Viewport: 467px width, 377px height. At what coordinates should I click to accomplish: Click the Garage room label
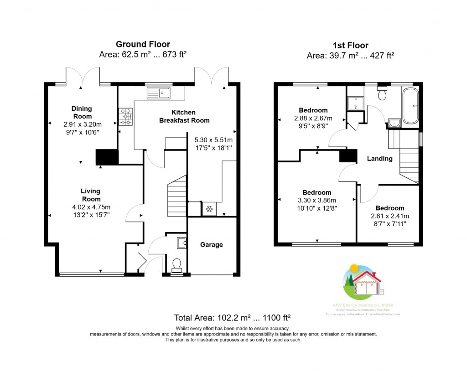coord(212,245)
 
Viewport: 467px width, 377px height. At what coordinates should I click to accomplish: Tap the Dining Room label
coord(82,112)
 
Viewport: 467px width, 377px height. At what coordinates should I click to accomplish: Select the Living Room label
coord(91,195)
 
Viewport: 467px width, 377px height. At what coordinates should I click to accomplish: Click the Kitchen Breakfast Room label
coord(184,116)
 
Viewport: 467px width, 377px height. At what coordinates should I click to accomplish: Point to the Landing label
coord(379,159)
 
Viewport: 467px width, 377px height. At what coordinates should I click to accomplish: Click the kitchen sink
coord(158,94)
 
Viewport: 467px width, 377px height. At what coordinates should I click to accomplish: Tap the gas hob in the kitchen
coord(125,116)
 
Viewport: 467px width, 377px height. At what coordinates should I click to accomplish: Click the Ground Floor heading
coord(143,44)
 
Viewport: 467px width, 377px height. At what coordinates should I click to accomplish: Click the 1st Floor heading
coord(350,45)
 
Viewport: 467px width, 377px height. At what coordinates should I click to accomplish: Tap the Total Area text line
coord(233,318)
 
